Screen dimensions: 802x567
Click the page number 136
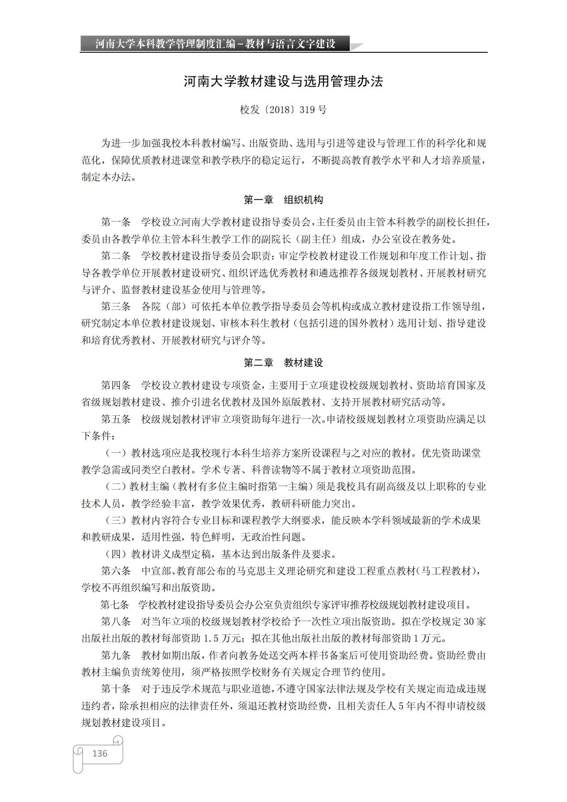99,753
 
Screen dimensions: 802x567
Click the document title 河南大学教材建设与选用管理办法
283,81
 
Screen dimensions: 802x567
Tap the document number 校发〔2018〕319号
283,110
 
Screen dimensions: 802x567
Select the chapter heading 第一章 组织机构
283,200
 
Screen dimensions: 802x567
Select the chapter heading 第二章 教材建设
283,363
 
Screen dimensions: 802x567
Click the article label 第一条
116,222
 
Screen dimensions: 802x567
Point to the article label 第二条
116,256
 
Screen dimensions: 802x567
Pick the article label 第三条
116,306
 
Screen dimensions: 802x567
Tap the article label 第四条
116,385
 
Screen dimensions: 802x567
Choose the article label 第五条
116,419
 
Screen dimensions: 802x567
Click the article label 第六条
116,571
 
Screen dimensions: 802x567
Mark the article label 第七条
115,605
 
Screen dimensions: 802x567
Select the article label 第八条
116,622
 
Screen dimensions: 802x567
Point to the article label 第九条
116,655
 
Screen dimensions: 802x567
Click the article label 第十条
116,689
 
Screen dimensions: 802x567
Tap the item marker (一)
116,453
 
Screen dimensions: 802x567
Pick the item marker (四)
116,554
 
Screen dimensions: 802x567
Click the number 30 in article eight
469,622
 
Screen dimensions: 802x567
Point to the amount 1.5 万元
223,639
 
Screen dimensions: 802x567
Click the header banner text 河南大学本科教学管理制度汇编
165,44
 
